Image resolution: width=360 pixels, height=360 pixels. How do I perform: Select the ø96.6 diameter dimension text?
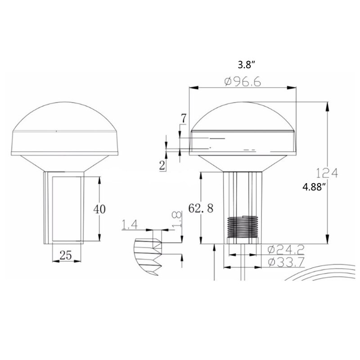243,82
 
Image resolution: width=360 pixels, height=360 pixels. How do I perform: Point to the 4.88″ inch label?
314,188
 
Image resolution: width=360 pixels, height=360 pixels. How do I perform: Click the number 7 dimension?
183,118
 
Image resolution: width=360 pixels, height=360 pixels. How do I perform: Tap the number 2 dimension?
162,165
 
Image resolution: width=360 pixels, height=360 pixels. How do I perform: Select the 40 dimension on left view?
99,209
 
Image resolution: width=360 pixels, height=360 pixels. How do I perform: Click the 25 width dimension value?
66,255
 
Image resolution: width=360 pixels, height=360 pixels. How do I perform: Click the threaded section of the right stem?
243,228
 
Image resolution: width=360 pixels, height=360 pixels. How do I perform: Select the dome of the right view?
243,117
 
